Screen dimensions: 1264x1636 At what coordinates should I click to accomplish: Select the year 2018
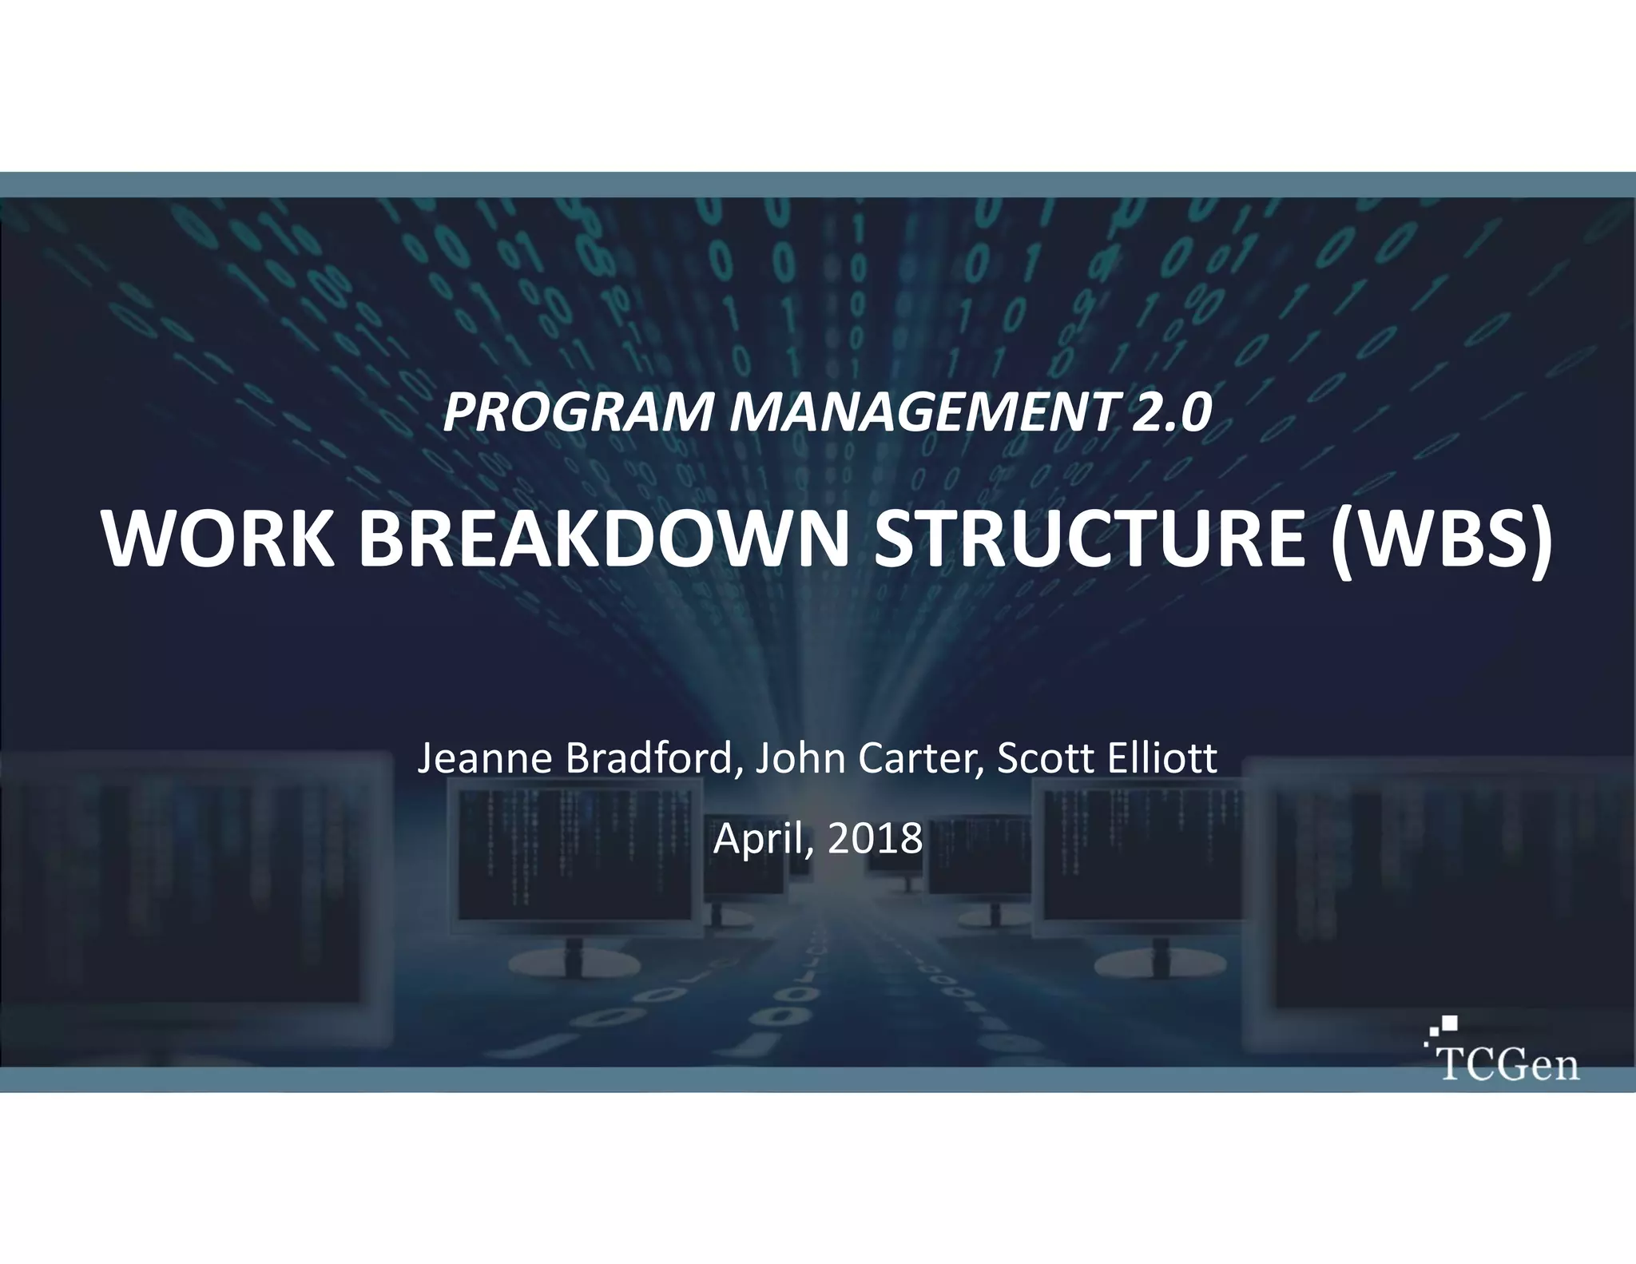875,839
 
